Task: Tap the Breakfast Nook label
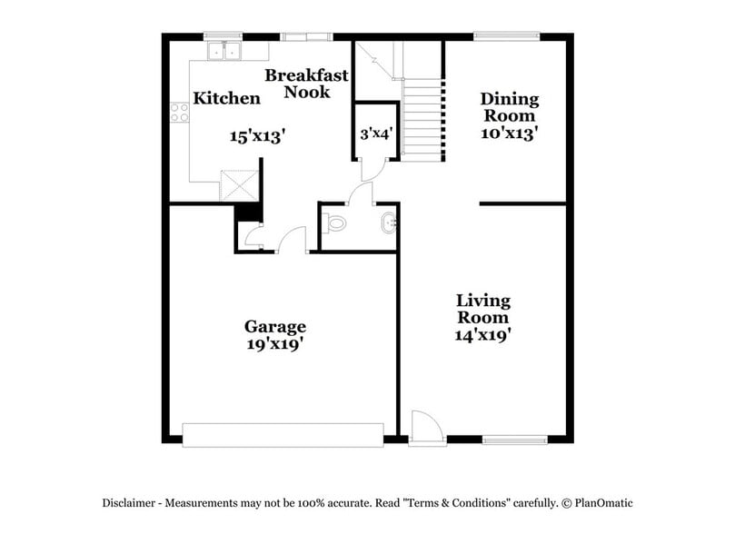click(x=306, y=84)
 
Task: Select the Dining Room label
click(x=509, y=107)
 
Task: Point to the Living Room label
click(x=482, y=309)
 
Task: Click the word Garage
click(x=274, y=326)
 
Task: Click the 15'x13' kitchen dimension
click(x=257, y=136)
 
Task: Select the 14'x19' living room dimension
click(x=482, y=334)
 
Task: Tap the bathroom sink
click(x=389, y=221)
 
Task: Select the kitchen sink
click(x=222, y=50)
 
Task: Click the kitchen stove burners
click(x=179, y=113)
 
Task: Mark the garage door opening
click(x=283, y=434)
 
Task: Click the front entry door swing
click(x=424, y=427)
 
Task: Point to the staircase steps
click(x=422, y=119)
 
